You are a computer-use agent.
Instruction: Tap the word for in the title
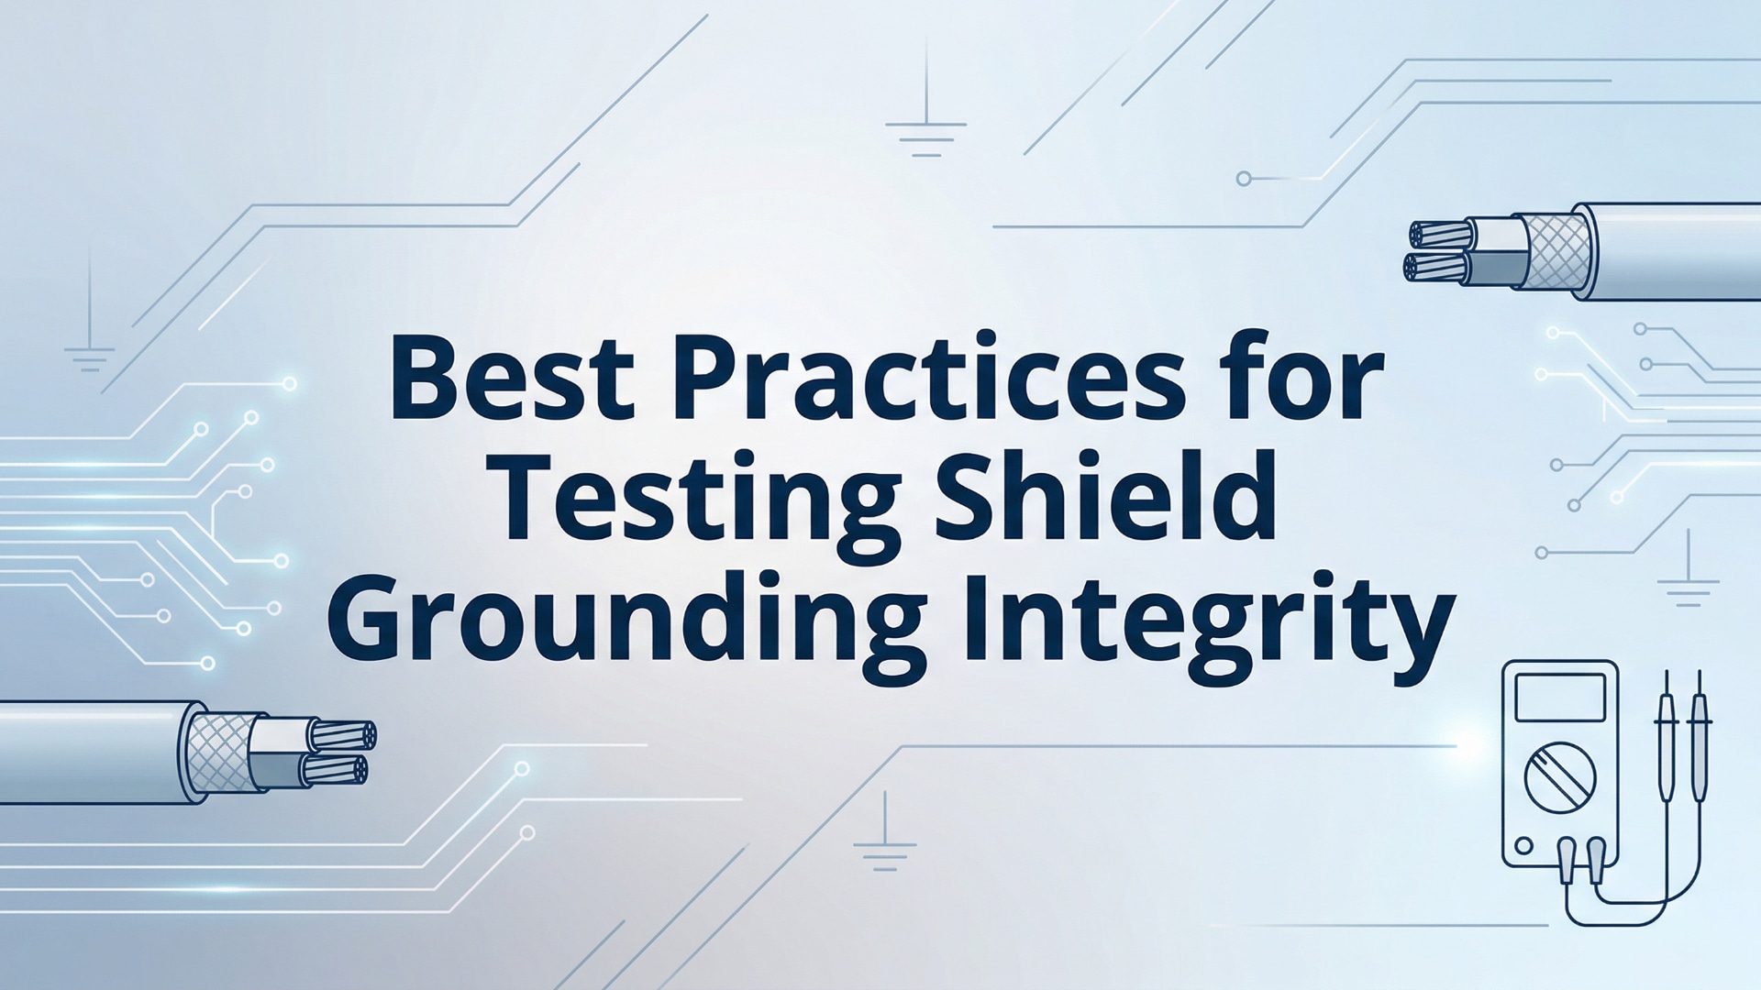[1302, 376]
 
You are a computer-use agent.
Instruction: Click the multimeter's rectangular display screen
[1560, 698]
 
